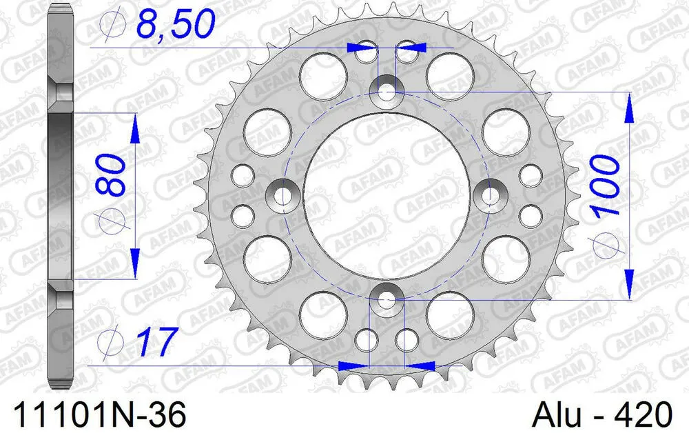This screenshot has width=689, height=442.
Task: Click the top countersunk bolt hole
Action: (x=387, y=91)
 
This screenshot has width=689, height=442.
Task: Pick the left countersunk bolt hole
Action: (x=282, y=197)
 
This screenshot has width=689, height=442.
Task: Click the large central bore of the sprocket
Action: (x=387, y=197)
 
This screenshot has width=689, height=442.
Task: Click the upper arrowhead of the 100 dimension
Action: (x=629, y=109)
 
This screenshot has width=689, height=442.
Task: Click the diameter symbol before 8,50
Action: (x=110, y=27)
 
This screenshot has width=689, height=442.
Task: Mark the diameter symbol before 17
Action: (x=110, y=342)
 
